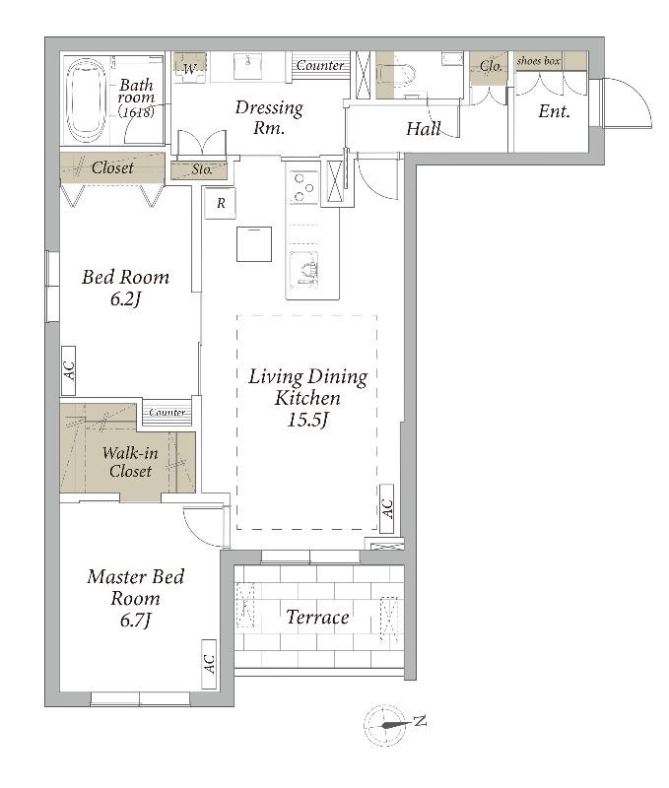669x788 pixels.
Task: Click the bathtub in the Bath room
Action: (87, 100)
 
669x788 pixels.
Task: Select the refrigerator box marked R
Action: (220, 203)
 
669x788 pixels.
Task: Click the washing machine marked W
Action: (190, 68)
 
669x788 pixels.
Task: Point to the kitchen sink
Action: (303, 269)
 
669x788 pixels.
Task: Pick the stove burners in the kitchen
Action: (303, 187)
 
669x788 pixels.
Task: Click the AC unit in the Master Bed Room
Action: (209, 664)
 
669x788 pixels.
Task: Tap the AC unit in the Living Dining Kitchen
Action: (386, 508)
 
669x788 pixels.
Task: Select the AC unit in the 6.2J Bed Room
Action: (68, 370)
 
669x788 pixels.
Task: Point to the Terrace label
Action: (317, 618)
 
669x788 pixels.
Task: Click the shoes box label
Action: (538, 61)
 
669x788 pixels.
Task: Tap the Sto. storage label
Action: (202, 169)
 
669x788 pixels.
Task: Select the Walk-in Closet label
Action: (130, 462)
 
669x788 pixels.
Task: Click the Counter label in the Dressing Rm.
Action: (319, 65)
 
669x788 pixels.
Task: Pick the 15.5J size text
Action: (307, 420)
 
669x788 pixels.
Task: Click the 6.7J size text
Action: (136, 620)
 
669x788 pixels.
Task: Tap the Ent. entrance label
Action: (554, 111)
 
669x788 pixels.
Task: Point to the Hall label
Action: (424, 129)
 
